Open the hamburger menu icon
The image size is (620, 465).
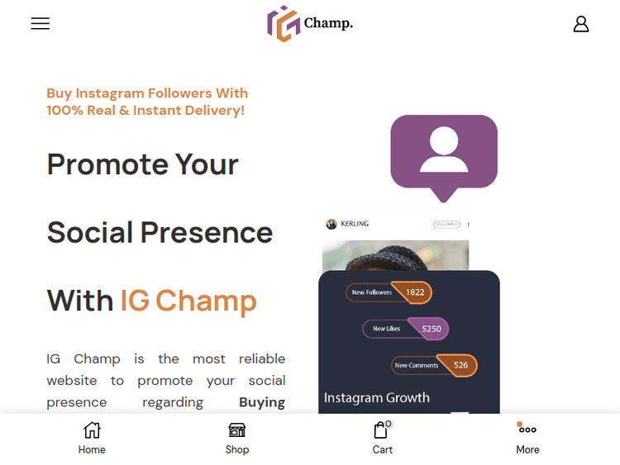click(41, 24)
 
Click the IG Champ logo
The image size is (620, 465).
click(310, 23)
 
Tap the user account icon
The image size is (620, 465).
click(581, 24)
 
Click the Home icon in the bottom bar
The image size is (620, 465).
click(92, 430)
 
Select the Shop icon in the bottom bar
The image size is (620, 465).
click(237, 430)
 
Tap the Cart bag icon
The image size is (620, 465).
click(380, 430)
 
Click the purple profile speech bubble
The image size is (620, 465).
click(444, 153)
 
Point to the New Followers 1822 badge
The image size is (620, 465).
click(389, 292)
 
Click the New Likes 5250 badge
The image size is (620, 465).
click(405, 329)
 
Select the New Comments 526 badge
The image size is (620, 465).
click(434, 365)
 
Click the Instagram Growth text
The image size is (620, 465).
click(376, 397)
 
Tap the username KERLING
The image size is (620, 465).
click(355, 224)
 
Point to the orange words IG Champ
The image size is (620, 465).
click(188, 301)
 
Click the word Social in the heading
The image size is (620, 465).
click(89, 233)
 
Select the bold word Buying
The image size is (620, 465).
click(262, 402)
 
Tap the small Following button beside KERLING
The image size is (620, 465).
click(446, 224)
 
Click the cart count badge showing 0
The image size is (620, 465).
click(389, 424)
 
